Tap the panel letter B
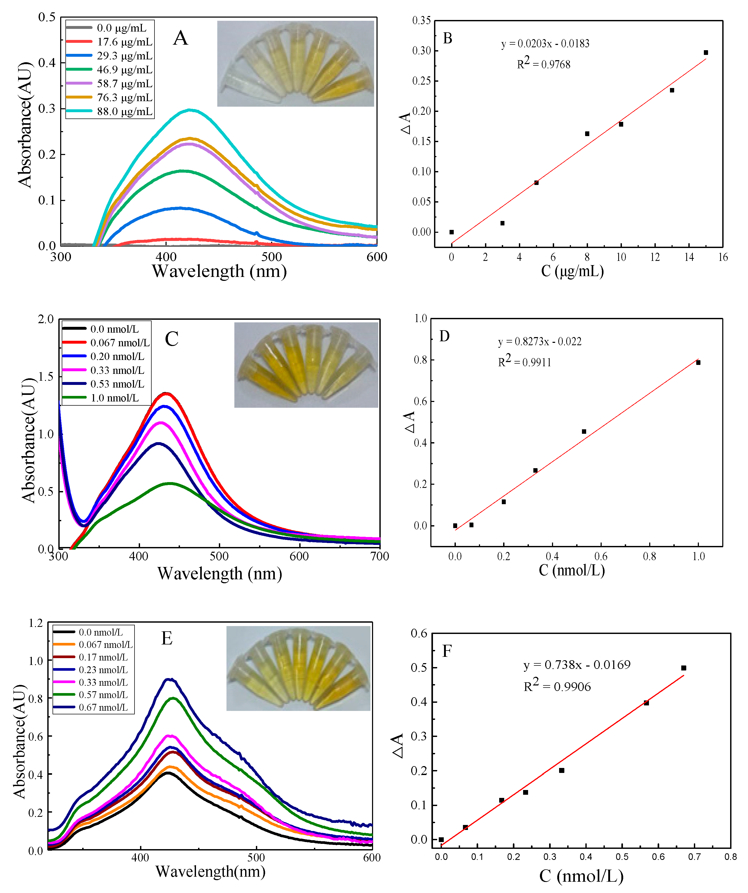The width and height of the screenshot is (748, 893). click(x=447, y=38)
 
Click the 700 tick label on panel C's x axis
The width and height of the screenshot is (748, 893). click(x=379, y=556)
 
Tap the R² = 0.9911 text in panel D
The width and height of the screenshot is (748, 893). click(x=524, y=362)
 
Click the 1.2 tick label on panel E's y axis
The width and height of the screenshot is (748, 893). click(x=36, y=623)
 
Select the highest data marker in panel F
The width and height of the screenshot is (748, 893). click(x=683, y=668)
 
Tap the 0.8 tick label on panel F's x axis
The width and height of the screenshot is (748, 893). click(x=730, y=856)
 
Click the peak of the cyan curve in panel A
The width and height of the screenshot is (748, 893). click(x=190, y=110)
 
